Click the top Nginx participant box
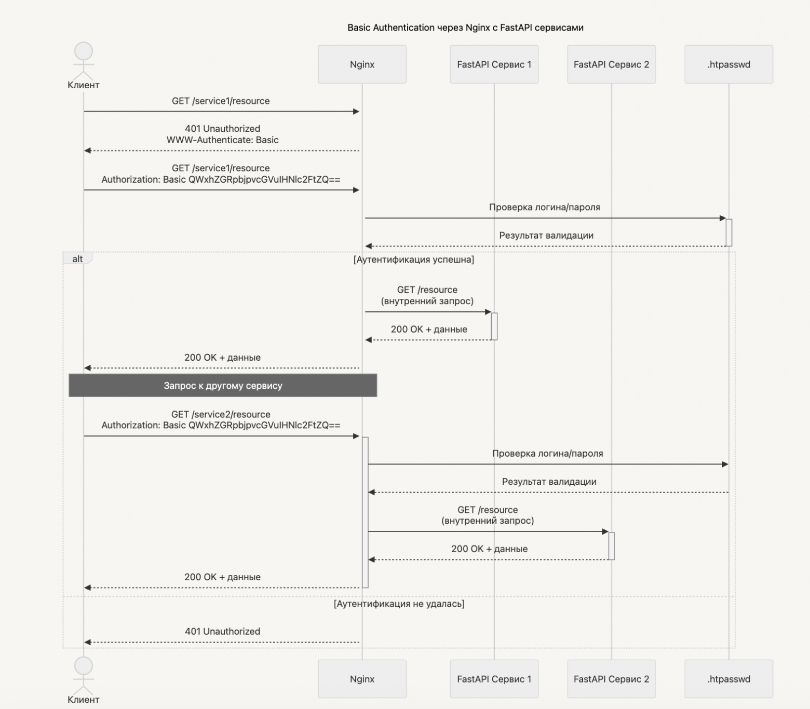coord(362,64)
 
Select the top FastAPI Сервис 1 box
coord(494,64)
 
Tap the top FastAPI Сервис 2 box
coord(611,64)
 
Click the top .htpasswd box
coord(728,64)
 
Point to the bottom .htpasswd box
coord(728,679)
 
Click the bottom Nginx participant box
coord(362,679)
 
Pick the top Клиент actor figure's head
coord(84,52)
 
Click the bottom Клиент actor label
coord(84,700)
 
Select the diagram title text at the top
coord(465,28)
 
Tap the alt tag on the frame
coord(77,259)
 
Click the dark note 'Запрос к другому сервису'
coord(223,386)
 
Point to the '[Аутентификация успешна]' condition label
coord(414,260)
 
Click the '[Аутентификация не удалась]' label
coord(399,604)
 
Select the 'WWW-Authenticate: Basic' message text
coord(222,140)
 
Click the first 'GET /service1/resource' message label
coord(221,101)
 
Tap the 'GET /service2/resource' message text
coord(221,414)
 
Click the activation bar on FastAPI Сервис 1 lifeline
coord(494,326)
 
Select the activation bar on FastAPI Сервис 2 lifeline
coord(612,546)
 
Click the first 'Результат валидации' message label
coord(546,236)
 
